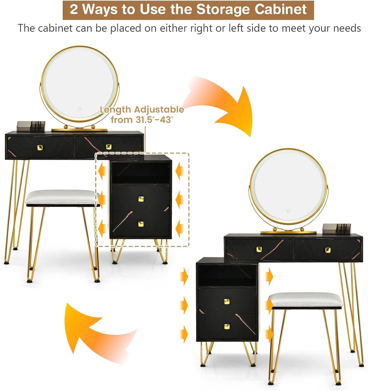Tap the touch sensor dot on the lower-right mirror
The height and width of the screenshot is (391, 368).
(x=288, y=211)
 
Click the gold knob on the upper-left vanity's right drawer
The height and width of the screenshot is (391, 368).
(x=109, y=147)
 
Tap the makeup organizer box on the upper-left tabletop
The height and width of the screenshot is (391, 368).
(x=31, y=126)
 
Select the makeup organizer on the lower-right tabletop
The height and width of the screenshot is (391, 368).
(x=337, y=229)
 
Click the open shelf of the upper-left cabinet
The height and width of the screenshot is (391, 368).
(x=141, y=174)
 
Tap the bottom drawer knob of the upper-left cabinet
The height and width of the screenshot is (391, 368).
(x=141, y=224)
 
